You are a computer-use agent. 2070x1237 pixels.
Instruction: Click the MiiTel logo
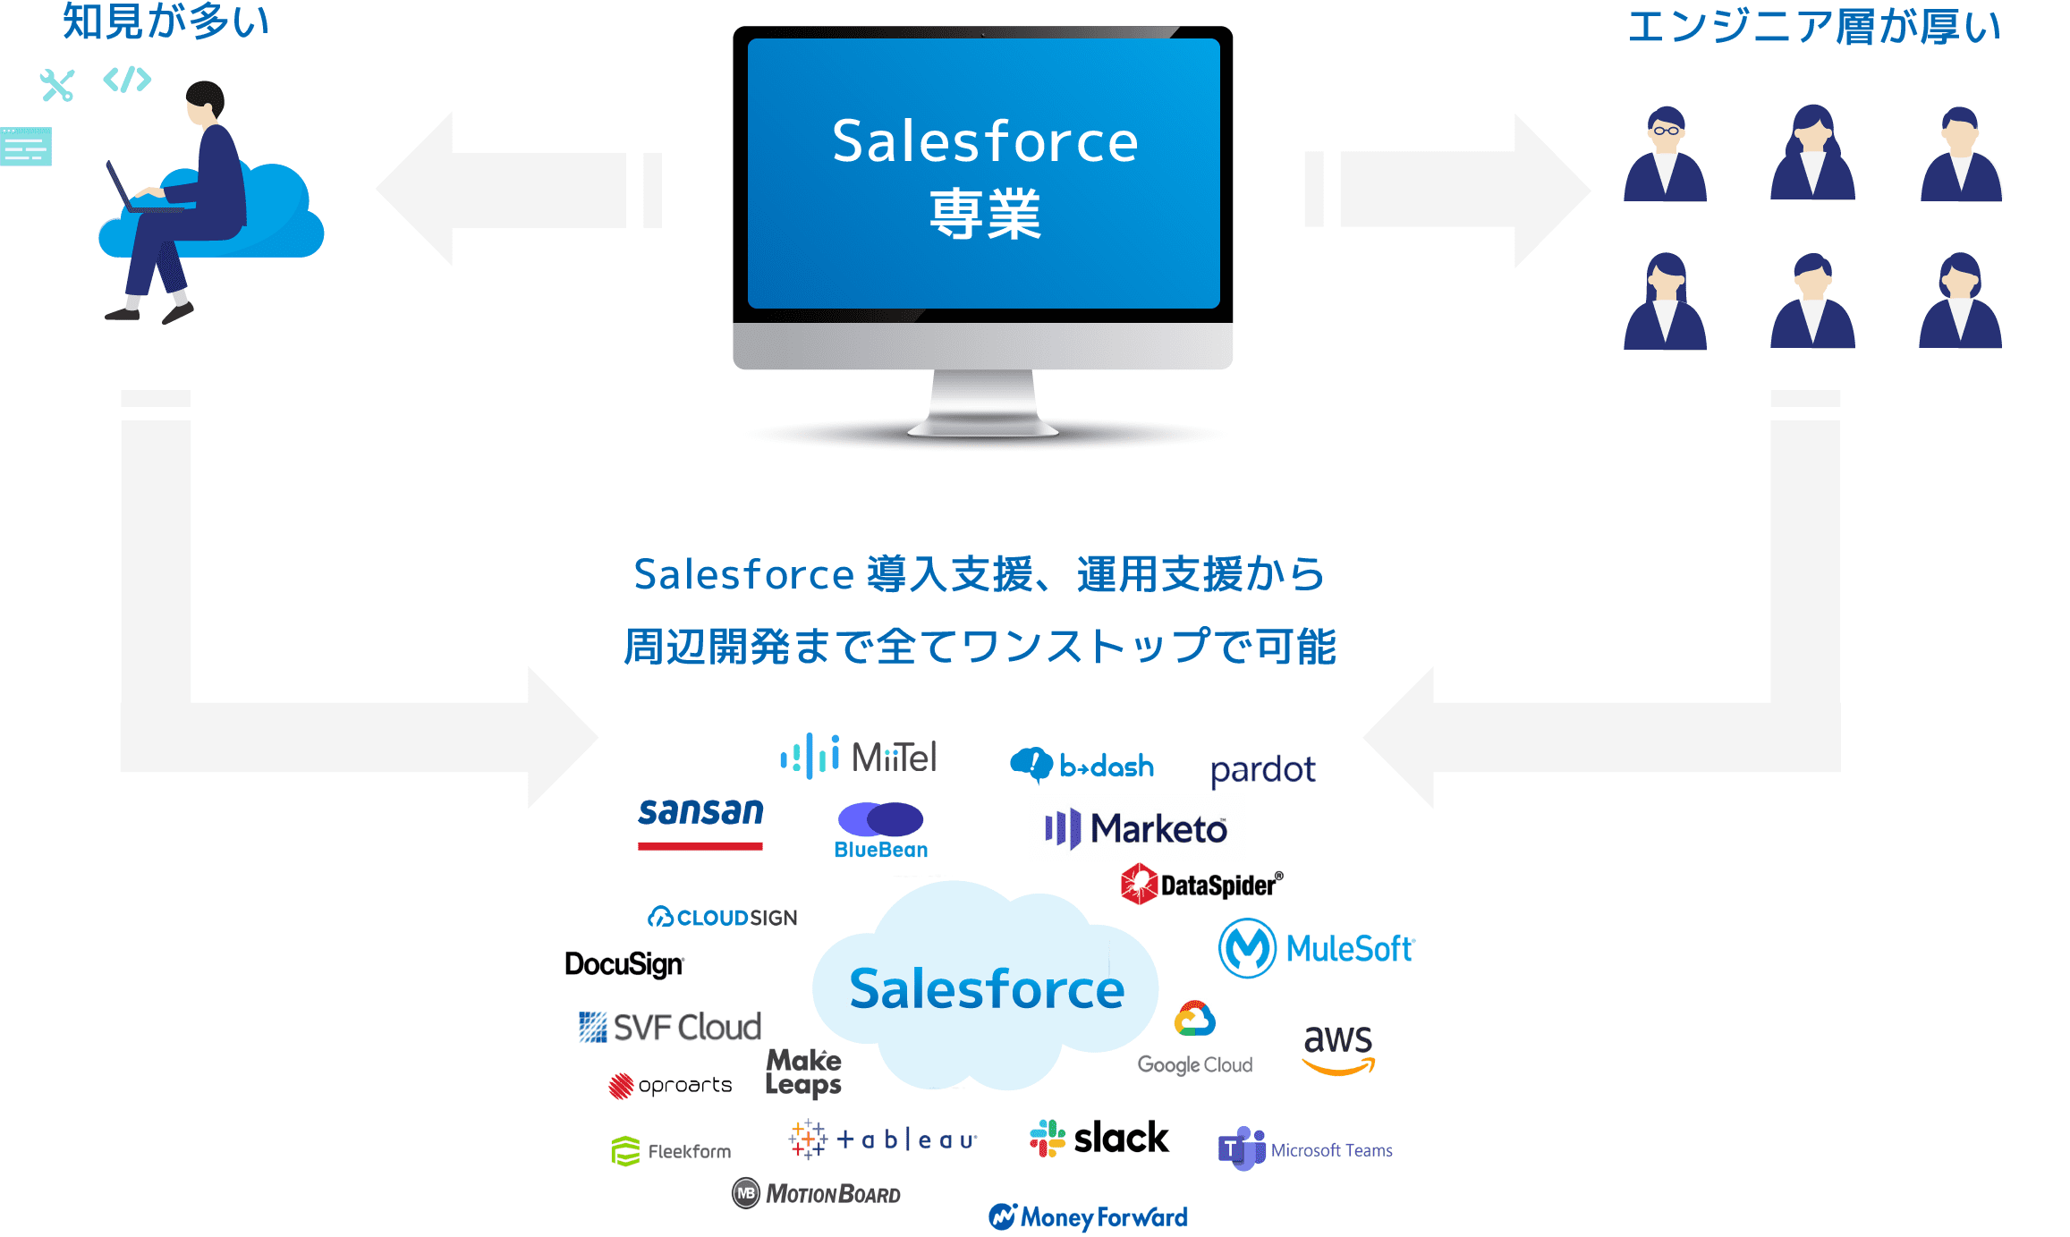point(859,757)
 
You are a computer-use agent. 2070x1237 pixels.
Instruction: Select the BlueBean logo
point(880,831)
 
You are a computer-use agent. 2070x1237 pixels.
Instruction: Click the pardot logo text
point(1262,770)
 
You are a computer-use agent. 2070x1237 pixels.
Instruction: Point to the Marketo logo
point(1136,829)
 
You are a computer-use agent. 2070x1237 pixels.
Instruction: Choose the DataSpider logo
point(1201,884)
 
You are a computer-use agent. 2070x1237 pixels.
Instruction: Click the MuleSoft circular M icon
point(1247,948)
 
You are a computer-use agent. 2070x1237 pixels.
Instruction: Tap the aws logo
point(1337,1047)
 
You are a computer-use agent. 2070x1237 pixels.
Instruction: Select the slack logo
point(1099,1139)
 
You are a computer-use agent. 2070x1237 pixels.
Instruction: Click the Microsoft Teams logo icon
point(1241,1148)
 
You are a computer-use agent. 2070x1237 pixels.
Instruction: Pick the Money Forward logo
point(1088,1216)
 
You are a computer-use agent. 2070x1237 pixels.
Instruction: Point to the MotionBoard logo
point(816,1193)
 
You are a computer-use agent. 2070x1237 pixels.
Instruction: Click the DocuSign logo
point(624,964)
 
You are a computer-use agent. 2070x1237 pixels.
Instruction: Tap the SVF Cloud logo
point(670,1027)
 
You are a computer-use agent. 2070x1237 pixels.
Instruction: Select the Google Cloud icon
point(1195,1019)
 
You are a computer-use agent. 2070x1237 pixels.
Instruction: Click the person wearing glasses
point(1665,154)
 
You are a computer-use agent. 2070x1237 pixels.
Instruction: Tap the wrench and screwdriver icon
point(57,85)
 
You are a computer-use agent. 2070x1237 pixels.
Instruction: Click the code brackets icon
point(127,80)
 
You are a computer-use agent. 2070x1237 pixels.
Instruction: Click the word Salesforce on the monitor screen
point(984,141)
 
